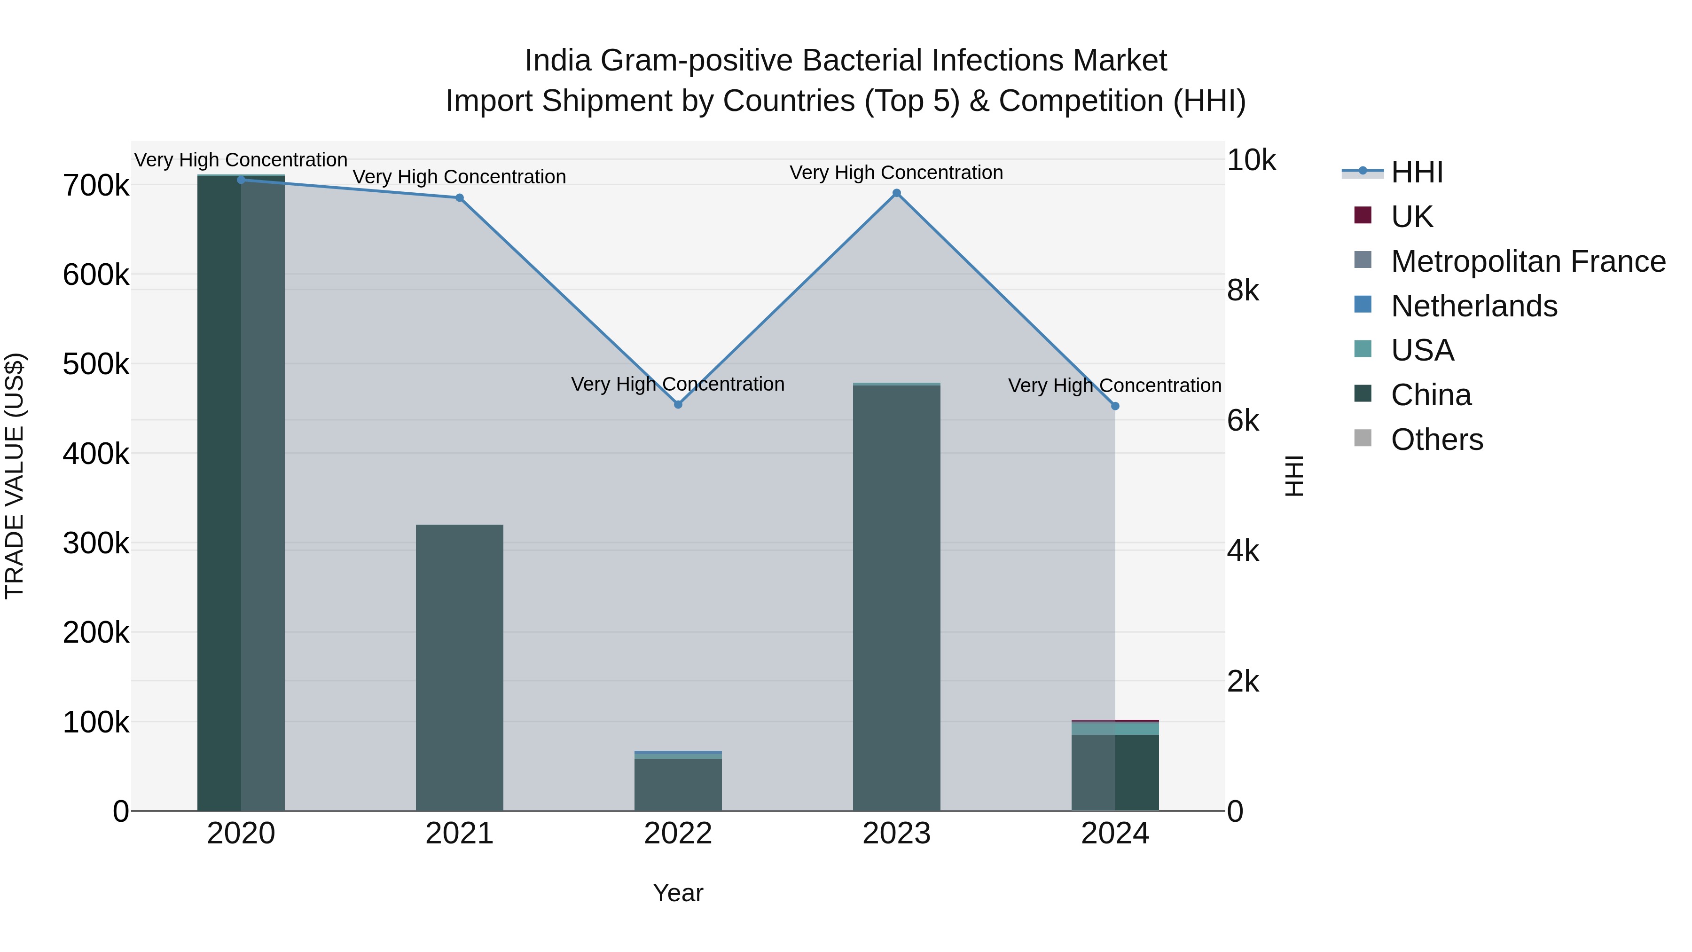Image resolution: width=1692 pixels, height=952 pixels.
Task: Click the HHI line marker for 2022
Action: click(x=678, y=404)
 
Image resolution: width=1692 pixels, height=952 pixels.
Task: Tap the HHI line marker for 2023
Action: click(x=897, y=193)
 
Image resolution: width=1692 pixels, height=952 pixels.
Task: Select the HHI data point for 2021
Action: click(x=460, y=198)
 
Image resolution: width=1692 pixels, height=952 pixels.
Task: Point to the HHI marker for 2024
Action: click(x=1115, y=406)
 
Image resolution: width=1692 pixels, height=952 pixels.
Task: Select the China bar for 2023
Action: click(x=897, y=598)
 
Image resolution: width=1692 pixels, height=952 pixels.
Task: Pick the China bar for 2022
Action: click(x=678, y=785)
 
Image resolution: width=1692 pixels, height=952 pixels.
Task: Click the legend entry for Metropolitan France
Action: click(x=1528, y=261)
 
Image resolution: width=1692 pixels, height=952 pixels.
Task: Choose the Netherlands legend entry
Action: click(x=1474, y=306)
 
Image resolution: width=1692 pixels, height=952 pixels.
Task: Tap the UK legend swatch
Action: click(x=1363, y=215)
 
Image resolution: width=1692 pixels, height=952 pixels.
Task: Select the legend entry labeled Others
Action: click(x=1436, y=439)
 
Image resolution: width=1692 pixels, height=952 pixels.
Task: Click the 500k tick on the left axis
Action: click(x=96, y=364)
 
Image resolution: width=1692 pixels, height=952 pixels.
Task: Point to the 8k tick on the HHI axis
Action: click(x=1243, y=291)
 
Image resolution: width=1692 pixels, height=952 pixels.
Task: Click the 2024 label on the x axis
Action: click(x=1115, y=834)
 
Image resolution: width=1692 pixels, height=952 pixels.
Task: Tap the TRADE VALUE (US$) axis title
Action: click(x=15, y=476)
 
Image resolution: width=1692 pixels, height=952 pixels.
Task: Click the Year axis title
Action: click(x=678, y=893)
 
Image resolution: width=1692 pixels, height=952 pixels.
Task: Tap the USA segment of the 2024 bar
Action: click(x=1115, y=728)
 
